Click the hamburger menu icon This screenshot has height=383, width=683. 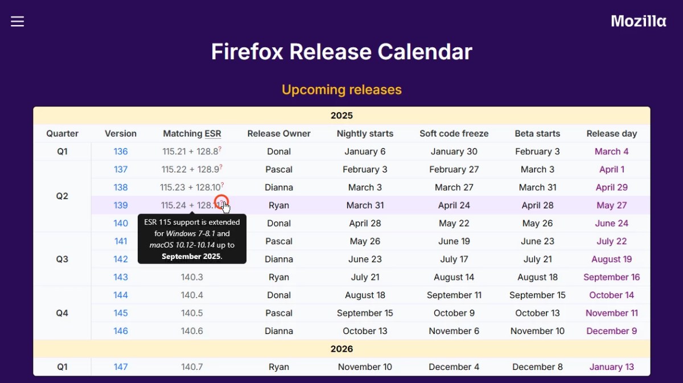18,22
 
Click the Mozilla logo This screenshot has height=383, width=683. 639,21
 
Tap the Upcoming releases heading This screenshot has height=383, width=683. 341,90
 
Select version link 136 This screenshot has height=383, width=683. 121,151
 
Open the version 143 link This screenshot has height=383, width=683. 121,277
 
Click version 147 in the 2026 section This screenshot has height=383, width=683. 121,367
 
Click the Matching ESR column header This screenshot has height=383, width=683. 192,134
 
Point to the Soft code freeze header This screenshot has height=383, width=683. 454,134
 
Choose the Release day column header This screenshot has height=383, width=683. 612,134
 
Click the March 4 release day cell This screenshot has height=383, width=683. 612,151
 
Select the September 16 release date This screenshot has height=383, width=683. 612,277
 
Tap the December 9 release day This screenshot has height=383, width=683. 612,331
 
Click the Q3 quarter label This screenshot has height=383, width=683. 62,259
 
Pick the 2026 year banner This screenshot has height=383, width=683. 341,349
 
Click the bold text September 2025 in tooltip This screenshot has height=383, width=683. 191,257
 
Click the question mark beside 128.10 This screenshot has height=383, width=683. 223,184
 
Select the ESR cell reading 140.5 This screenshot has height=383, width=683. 192,313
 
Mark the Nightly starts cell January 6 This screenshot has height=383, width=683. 365,151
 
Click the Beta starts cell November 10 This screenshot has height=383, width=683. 537,331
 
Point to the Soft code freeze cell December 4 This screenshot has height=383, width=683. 454,367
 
